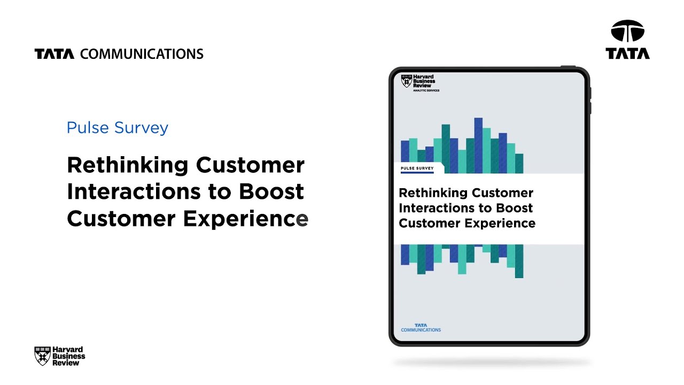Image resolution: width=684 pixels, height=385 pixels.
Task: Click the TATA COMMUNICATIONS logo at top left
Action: [x=119, y=54]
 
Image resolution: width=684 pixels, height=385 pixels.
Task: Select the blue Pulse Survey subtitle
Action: [x=118, y=128]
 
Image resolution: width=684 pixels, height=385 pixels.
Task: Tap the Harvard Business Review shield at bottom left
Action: [x=42, y=356]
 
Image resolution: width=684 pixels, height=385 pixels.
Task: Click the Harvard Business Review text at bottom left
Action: [x=69, y=356]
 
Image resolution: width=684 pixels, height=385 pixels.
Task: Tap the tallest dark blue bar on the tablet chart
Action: [x=478, y=145]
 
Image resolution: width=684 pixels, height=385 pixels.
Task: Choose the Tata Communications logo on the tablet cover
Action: [x=421, y=327]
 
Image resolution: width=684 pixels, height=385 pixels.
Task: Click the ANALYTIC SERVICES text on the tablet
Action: [x=426, y=90]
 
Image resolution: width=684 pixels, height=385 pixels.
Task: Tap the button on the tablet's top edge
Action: [x=568, y=66]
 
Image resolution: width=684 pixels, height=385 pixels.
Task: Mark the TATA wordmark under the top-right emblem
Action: [x=628, y=53]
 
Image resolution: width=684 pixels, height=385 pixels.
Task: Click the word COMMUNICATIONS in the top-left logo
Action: [x=142, y=54]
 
